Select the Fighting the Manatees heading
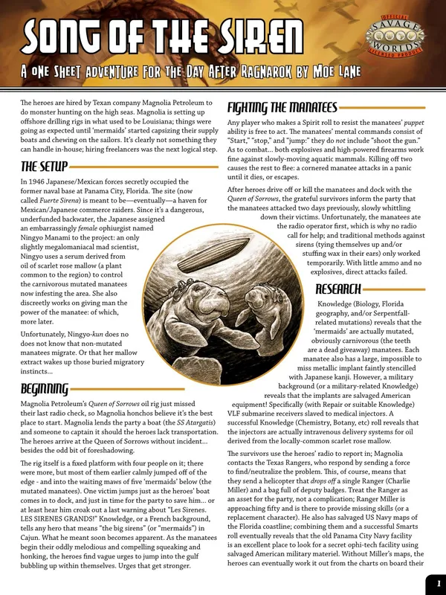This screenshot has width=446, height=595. (282, 106)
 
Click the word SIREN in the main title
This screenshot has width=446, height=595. (248, 38)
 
